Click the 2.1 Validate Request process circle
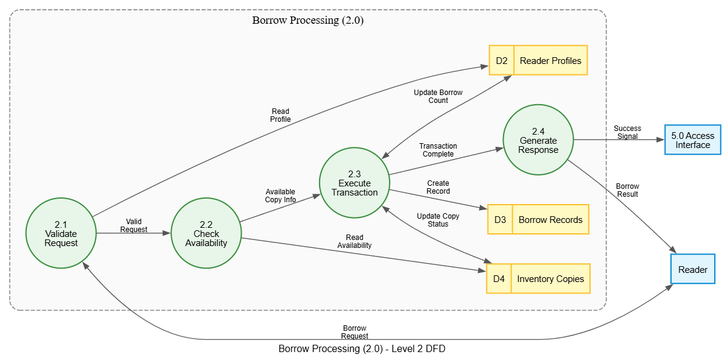point(61,233)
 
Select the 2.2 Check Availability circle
point(206,233)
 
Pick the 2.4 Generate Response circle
point(538,139)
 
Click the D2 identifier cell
point(502,60)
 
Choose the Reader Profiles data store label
point(551,60)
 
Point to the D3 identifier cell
point(500,219)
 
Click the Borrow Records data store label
point(550,219)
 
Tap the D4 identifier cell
point(499,278)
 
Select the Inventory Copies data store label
point(551,278)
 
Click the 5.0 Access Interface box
point(692,139)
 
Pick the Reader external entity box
point(692,269)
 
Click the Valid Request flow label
point(133,225)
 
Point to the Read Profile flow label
point(280,115)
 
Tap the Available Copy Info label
point(280,196)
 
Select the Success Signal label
point(627,132)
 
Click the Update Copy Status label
point(438,220)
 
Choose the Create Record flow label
point(438,187)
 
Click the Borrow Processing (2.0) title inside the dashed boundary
point(308,21)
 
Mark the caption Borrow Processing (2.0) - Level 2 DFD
point(362,349)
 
